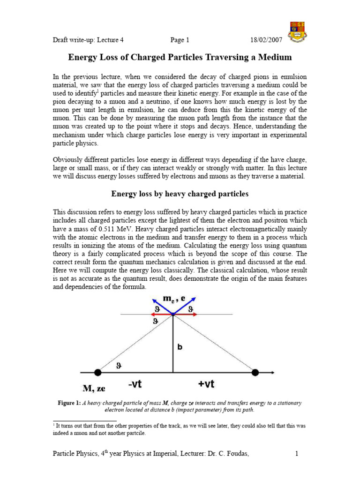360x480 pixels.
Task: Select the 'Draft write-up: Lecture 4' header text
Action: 88,40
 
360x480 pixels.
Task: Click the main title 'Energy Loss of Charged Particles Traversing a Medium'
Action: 180,58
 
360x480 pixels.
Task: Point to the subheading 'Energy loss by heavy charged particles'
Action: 180,194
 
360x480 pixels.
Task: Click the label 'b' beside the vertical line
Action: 180,347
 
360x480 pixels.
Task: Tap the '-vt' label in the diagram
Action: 136,384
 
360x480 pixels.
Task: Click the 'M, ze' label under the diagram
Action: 97,388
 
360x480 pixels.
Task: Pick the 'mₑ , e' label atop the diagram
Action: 174,299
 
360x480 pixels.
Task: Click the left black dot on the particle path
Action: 97,373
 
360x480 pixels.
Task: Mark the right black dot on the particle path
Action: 255,373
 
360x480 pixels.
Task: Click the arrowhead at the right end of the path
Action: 272,373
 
